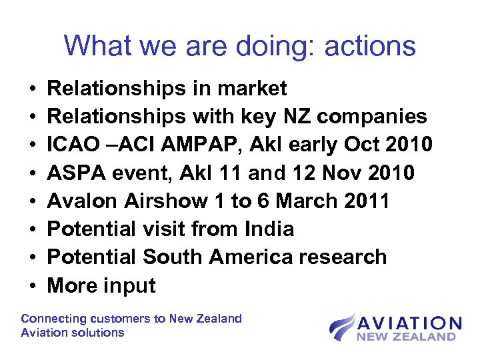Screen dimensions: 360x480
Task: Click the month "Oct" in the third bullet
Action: tap(361, 145)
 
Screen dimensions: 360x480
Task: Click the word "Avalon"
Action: tap(79, 201)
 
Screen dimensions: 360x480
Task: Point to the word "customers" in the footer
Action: tap(124, 319)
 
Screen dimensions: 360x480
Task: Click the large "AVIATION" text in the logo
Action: tap(408, 324)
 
